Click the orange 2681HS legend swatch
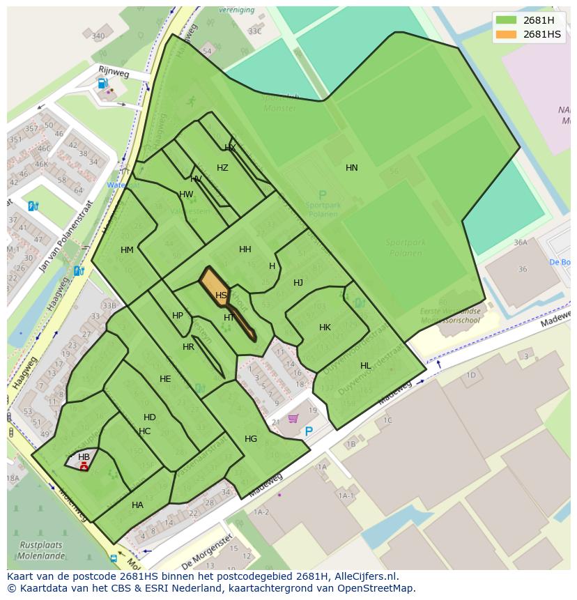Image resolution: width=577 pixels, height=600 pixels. pyautogui.click(x=507, y=34)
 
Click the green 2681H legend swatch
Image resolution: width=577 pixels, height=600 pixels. pyautogui.click(x=507, y=20)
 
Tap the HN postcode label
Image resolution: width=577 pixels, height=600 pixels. pyautogui.click(x=352, y=168)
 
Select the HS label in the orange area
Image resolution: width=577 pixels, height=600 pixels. pyautogui.click(x=221, y=295)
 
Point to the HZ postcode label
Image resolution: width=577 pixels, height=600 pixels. pyautogui.click(x=222, y=168)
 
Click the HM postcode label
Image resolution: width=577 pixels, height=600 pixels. pyautogui.click(x=127, y=250)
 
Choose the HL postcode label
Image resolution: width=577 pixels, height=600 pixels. pyautogui.click(x=366, y=366)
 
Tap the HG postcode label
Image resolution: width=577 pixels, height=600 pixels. pyautogui.click(x=251, y=439)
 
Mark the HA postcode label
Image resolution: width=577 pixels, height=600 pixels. pyautogui.click(x=137, y=505)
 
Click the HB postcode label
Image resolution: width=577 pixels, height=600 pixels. pyautogui.click(x=84, y=457)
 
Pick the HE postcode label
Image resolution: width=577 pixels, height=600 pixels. pyautogui.click(x=165, y=379)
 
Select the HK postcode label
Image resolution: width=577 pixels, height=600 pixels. pyautogui.click(x=325, y=328)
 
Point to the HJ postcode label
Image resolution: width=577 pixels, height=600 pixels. pyautogui.click(x=298, y=283)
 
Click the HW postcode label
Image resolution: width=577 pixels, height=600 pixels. pyautogui.click(x=186, y=194)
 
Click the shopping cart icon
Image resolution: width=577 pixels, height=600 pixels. pyautogui.click(x=293, y=419)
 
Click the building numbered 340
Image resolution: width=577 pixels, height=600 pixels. pyautogui.click(x=98, y=36)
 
